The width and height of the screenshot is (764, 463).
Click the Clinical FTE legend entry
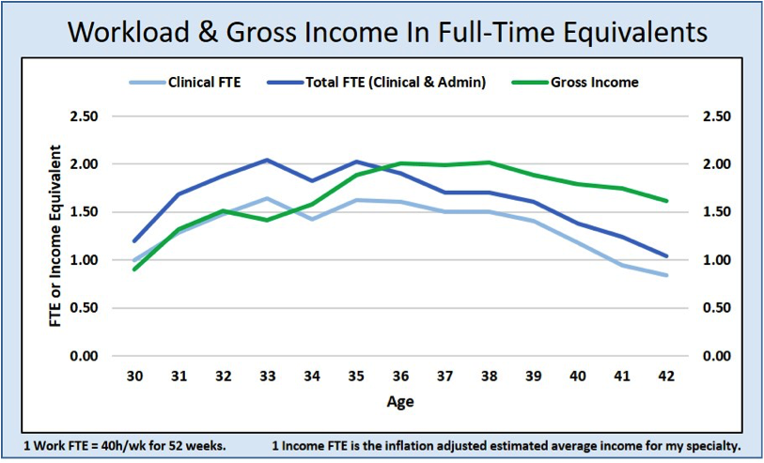(x=185, y=83)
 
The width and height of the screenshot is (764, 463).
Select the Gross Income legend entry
(x=575, y=83)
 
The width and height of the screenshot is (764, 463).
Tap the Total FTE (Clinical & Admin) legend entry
(x=377, y=83)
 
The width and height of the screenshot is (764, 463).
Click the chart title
(x=387, y=32)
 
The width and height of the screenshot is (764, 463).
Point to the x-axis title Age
(x=400, y=402)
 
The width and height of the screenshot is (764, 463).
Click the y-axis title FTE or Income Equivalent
(x=56, y=236)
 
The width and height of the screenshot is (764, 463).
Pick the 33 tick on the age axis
(x=268, y=377)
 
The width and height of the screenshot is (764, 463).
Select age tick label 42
(x=666, y=377)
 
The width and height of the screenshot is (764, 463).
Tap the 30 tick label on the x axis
(x=135, y=377)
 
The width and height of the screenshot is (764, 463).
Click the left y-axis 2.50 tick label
(x=85, y=116)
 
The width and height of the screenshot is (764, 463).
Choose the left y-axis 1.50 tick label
(x=85, y=213)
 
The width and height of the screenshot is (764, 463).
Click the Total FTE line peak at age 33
(x=268, y=160)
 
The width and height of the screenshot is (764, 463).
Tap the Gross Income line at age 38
(x=490, y=162)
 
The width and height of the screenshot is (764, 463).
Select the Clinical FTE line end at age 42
(x=666, y=275)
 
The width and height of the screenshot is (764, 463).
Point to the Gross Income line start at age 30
(x=135, y=270)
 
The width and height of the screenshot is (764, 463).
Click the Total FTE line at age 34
(x=312, y=180)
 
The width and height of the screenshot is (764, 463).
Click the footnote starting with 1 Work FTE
(x=124, y=446)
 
